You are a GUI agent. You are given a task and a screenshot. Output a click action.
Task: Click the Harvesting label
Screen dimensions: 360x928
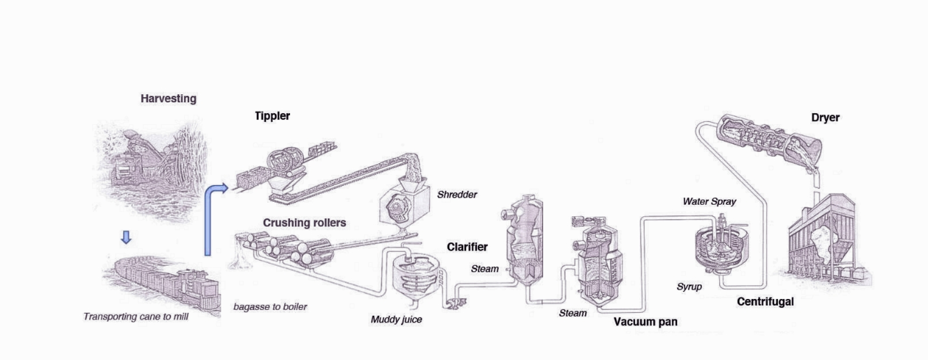pyautogui.click(x=168, y=98)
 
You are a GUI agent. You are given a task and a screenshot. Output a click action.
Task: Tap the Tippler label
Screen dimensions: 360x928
pyautogui.click(x=272, y=116)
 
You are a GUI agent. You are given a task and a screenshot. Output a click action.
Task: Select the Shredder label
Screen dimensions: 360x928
pyautogui.click(x=457, y=194)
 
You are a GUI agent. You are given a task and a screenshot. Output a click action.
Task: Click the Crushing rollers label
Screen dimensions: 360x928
pyautogui.click(x=304, y=223)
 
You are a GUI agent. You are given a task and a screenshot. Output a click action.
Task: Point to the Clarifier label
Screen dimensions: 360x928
pyautogui.click(x=467, y=247)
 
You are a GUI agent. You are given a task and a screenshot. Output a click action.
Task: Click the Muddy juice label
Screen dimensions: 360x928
pyautogui.click(x=396, y=319)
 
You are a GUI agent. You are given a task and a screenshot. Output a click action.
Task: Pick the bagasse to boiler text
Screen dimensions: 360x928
pyautogui.click(x=270, y=307)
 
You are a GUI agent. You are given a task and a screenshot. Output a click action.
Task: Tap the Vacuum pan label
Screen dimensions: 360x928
pyautogui.click(x=645, y=321)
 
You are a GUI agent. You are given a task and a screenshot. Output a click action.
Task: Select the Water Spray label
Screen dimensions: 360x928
pyautogui.click(x=709, y=201)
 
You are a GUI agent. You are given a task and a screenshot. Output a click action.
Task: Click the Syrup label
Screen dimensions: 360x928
pyautogui.click(x=689, y=286)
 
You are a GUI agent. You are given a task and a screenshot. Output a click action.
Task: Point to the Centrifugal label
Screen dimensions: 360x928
pyautogui.click(x=765, y=301)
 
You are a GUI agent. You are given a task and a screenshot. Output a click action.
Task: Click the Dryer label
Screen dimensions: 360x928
pyautogui.click(x=825, y=117)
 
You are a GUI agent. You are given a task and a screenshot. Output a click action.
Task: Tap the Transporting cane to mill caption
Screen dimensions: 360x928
pyautogui.click(x=136, y=316)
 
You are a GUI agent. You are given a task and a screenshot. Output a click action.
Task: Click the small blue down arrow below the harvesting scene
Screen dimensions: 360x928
pyautogui.click(x=126, y=237)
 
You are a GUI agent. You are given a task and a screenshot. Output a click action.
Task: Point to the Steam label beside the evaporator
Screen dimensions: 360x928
pyautogui.click(x=484, y=269)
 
